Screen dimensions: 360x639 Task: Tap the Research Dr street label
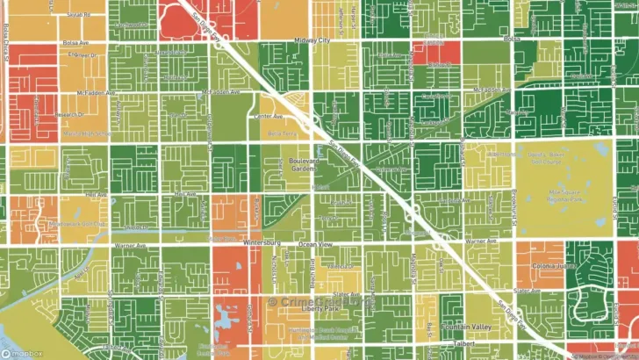pos(70,114)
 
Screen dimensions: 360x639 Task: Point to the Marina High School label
pos(85,133)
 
